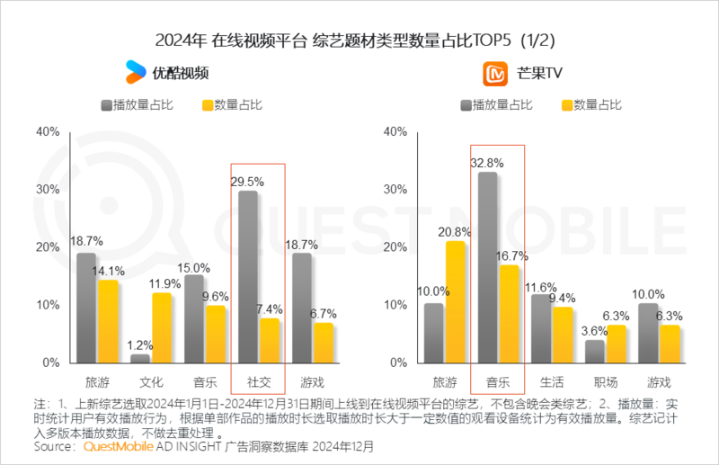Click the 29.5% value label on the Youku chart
coord(249,182)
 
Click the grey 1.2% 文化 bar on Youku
coord(140,358)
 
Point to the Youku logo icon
coord(136,71)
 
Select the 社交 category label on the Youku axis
coord(258,381)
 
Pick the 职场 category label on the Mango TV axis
coord(606,381)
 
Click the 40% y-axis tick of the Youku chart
coord(48,131)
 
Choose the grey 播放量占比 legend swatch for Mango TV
coord(464,105)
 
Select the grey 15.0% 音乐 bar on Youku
coord(193,318)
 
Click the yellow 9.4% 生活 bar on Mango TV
coord(563,335)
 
